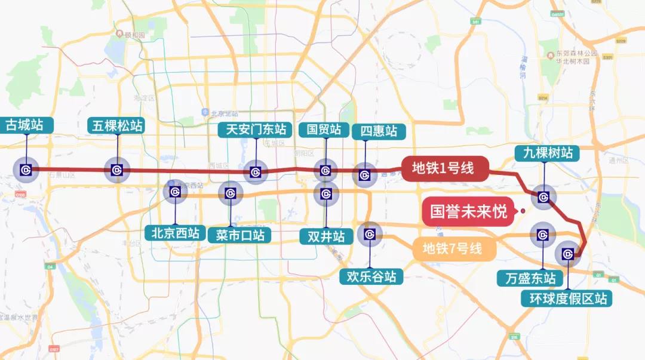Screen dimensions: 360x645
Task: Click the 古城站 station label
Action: click(27, 125)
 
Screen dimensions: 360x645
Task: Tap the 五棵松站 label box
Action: click(118, 125)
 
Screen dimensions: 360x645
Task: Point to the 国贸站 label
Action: click(324, 129)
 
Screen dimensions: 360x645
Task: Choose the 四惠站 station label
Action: click(374, 131)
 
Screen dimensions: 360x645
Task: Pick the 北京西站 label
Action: click(175, 232)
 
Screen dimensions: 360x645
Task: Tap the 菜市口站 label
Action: click(239, 235)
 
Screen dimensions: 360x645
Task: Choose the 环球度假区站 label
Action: click(568, 298)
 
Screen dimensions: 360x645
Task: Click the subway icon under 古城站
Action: click(26, 170)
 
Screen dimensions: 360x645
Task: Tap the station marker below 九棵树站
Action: click(543, 196)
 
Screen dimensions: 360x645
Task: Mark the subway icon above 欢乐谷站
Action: click(369, 235)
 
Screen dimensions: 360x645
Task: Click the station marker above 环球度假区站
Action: click(567, 254)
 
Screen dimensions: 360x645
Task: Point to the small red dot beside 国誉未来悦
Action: click(523, 210)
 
